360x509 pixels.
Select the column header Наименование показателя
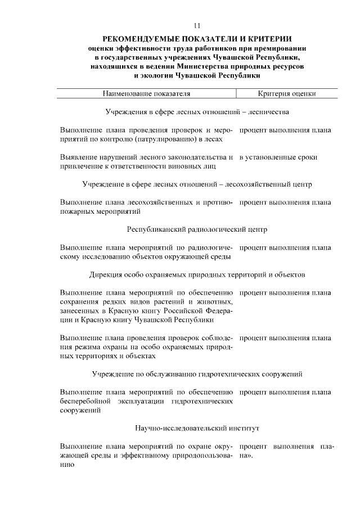pos(146,94)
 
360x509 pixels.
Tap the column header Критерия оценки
pos(287,94)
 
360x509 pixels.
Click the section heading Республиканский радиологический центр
pos(197,229)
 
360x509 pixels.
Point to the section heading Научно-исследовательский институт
pos(197,429)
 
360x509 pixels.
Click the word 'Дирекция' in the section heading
pos(105,275)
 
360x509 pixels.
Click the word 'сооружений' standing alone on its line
pos(80,411)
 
